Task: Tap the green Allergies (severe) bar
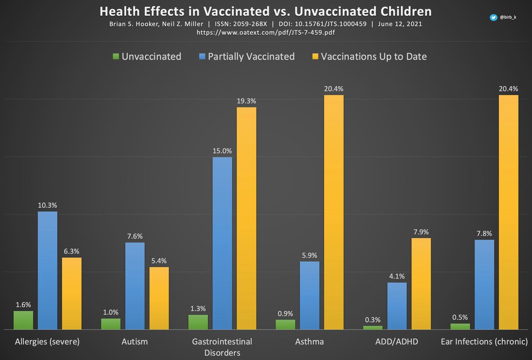click(23, 320)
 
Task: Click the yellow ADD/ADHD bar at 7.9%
click(421, 284)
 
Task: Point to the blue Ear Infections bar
click(484, 285)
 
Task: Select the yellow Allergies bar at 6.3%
click(71, 293)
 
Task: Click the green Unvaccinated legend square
click(116, 56)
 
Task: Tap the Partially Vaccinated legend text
click(251, 56)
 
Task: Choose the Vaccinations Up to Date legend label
click(374, 56)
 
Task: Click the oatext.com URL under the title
click(266, 32)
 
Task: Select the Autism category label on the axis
click(134, 342)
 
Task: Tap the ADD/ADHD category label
click(397, 342)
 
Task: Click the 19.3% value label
click(246, 101)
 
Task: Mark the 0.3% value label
click(373, 319)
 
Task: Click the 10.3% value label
click(47, 205)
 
